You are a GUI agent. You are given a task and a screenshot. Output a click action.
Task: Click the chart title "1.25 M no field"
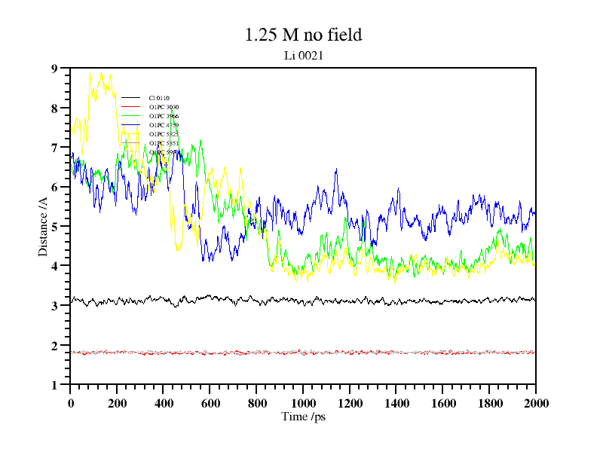point(303,35)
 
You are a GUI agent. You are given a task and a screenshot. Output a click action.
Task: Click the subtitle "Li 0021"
point(303,55)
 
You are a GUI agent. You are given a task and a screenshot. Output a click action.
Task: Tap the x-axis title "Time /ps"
point(303,416)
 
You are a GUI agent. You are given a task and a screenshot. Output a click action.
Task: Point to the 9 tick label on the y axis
point(54,69)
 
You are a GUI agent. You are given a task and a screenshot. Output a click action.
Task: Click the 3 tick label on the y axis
point(54,306)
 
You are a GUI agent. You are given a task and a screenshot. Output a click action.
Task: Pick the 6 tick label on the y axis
point(54,187)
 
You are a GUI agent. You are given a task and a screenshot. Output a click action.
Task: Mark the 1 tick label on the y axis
point(54,385)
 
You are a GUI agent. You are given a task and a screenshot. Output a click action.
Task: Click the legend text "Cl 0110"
point(159,99)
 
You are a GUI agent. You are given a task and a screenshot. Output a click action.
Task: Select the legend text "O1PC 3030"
point(164,108)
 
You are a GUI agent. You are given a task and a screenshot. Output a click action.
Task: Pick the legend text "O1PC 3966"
point(164,117)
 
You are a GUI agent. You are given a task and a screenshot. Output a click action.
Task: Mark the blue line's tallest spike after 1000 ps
point(336,169)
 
